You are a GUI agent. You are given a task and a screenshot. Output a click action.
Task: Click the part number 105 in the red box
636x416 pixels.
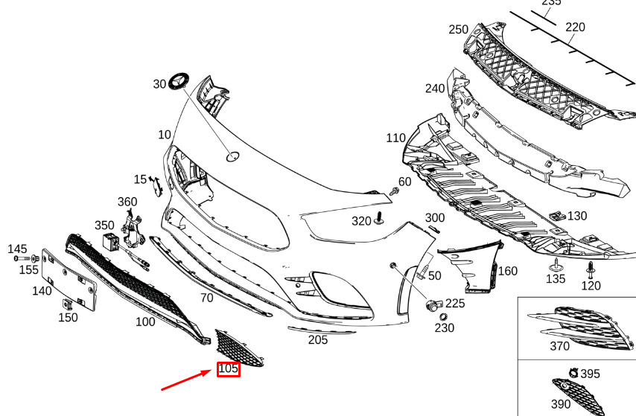(x=228, y=368)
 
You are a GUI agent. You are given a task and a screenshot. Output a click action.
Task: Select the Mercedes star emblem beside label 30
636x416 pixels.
(x=179, y=80)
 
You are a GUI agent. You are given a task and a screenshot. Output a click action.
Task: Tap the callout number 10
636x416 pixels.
(x=165, y=135)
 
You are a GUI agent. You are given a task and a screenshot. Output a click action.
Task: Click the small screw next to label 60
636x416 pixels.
(x=393, y=191)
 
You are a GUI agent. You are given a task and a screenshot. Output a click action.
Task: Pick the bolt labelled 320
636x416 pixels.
(x=379, y=218)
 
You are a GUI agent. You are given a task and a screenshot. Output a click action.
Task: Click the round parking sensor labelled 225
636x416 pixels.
(x=434, y=305)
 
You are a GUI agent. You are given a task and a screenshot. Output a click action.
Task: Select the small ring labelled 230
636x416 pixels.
(x=443, y=317)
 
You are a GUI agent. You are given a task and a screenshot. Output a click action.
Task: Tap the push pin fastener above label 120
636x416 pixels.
(x=590, y=269)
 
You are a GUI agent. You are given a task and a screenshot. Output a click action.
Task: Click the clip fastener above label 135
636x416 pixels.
(x=556, y=265)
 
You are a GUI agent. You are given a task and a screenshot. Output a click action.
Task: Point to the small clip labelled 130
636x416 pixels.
(x=557, y=216)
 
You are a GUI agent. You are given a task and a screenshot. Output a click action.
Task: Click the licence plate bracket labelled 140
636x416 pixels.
(x=69, y=280)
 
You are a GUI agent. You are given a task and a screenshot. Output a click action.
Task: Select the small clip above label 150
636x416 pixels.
(x=67, y=304)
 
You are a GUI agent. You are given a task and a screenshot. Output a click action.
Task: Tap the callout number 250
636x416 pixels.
(x=458, y=30)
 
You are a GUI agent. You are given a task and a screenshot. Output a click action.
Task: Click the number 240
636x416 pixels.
(x=435, y=89)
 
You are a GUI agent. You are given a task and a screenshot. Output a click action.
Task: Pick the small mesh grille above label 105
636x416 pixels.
(x=238, y=348)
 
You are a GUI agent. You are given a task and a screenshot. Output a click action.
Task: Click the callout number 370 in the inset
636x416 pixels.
(x=560, y=346)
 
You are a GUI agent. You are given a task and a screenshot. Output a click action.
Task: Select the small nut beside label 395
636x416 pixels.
(x=573, y=373)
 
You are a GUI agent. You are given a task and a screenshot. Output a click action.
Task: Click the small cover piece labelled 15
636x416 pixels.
(x=156, y=186)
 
